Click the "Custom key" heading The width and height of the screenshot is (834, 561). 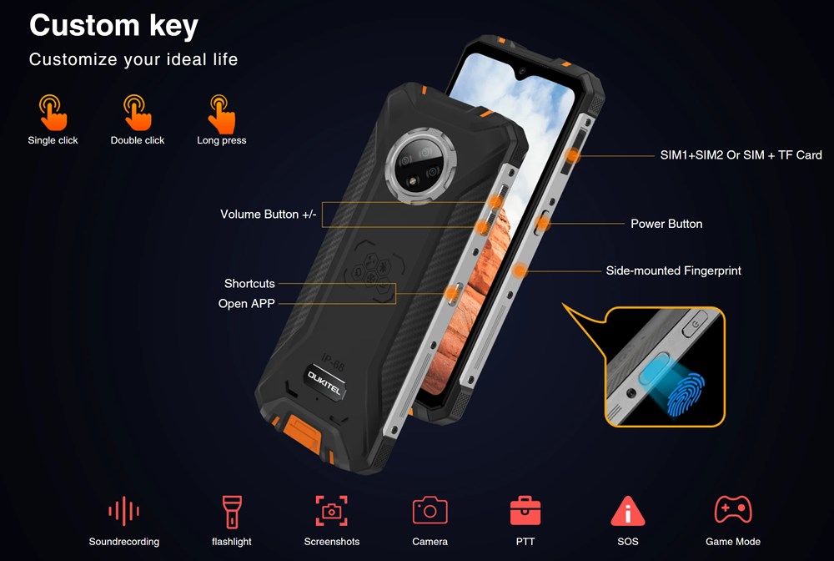coord(113,26)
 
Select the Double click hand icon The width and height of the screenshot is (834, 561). coord(138,113)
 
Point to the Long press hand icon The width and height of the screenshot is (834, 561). coord(221,114)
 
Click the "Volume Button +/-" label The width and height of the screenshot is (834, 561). coord(268,214)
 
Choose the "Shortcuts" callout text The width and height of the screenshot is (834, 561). coord(249,283)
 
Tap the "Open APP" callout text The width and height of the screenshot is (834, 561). coord(246,303)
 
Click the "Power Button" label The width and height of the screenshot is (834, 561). coord(666,224)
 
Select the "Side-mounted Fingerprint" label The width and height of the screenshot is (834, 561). coord(673,270)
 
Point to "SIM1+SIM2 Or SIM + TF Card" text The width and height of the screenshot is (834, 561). coord(741,155)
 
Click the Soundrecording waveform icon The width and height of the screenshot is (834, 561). coord(123,511)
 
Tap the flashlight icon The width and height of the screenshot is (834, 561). coord(232,512)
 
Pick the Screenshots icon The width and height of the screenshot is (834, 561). coord(331,510)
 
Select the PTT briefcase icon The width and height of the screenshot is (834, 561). coord(525,510)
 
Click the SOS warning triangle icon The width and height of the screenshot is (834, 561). coord(628,510)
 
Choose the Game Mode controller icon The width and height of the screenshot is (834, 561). coord(733,509)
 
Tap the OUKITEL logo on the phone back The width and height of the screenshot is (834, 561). coord(325,382)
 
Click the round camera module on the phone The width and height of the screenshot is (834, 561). coord(421,165)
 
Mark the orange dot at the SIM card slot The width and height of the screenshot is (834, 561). coord(573,155)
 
